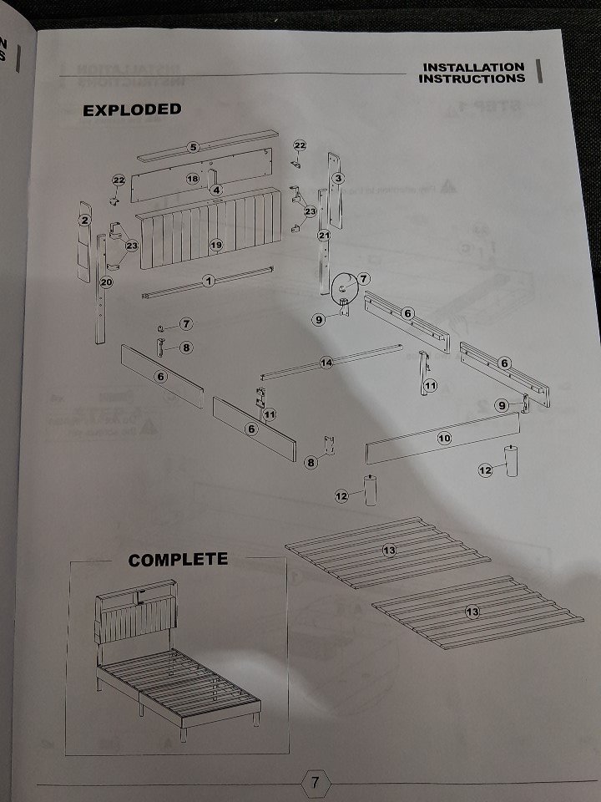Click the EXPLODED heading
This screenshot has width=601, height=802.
tap(131, 109)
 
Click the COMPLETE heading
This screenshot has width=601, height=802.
tap(177, 559)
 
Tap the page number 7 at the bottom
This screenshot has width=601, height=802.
tap(315, 783)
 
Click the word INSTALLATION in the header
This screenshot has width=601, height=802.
tap(473, 67)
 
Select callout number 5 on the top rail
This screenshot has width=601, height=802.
tap(193, 147)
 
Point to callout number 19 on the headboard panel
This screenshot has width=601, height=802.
tap(215, 245)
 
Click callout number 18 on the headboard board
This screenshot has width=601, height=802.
tap(192, 179)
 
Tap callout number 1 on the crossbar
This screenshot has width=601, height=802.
tap(209, 281)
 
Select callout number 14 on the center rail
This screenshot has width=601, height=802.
tap(326, 363)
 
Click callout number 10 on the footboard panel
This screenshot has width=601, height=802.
tap(444, 437)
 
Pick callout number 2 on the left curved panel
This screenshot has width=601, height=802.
tap(84, 221)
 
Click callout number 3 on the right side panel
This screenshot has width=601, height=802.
tap(338, 178)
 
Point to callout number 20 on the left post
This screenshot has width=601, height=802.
tap(106, 282)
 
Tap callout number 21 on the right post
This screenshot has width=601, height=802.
tap(325, 236)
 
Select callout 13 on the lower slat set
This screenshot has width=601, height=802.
tap(472, 612)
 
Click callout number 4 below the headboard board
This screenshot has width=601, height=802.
tap(216, 190)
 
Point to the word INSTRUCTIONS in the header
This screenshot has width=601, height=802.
tap(472, 79)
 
